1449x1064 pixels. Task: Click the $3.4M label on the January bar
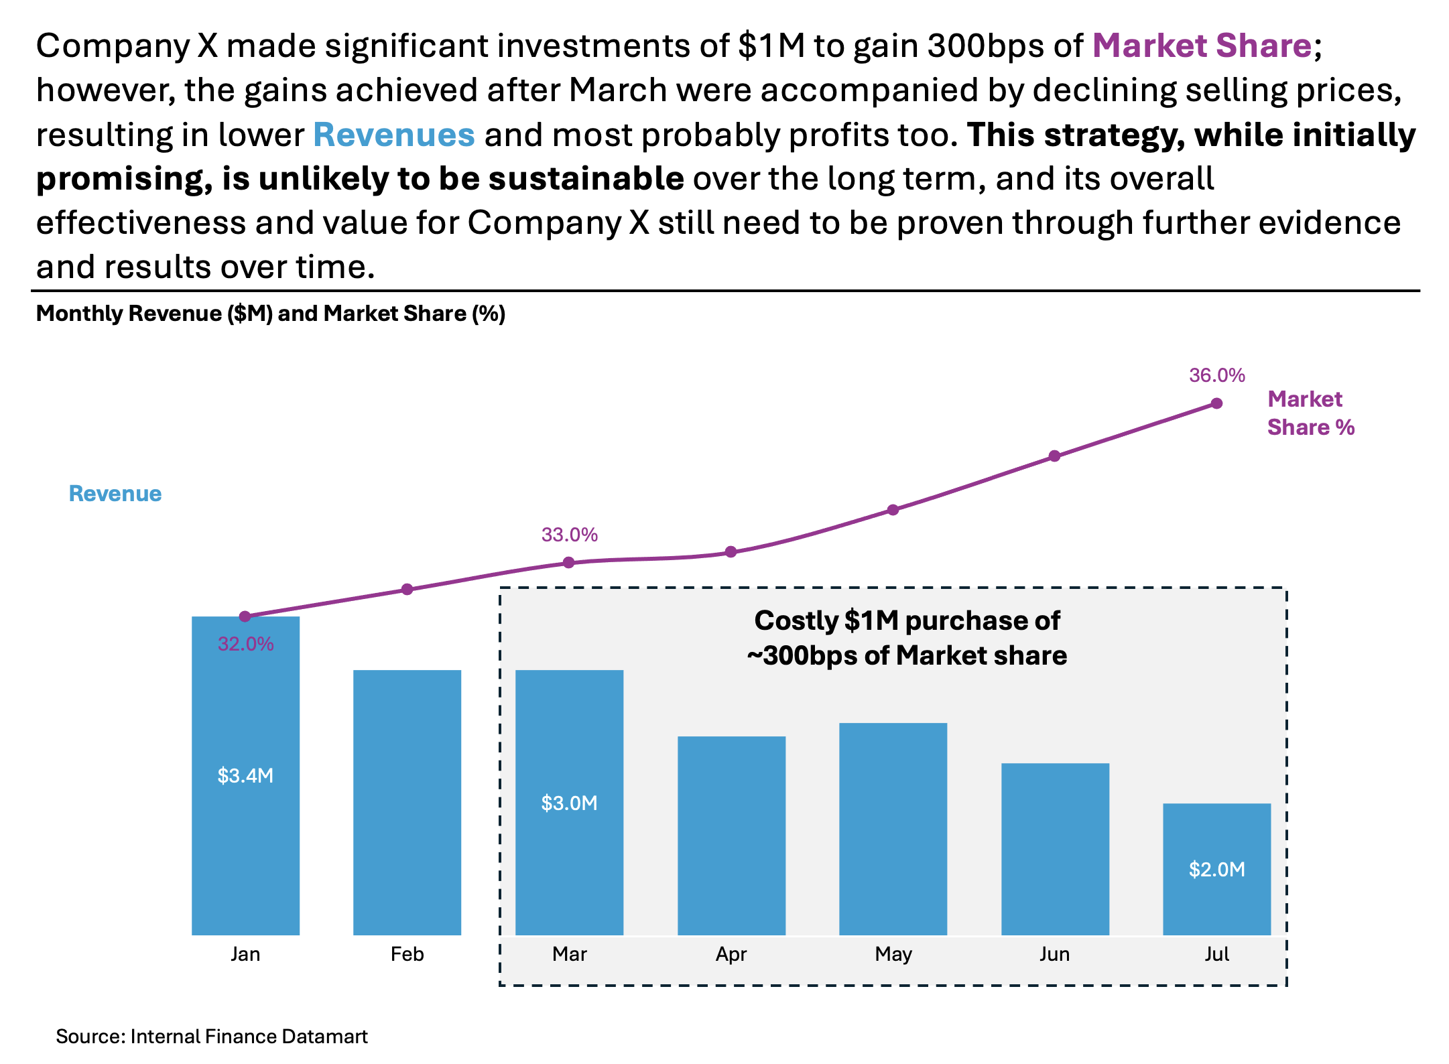click(245, 776)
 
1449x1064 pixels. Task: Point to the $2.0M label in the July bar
click(1216, 870)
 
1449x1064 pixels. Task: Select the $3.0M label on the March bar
click(569, 803)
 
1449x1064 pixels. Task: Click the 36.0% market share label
click(1216, 375)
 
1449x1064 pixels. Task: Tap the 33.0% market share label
click(569, 535)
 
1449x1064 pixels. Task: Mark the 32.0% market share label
click(245, 644)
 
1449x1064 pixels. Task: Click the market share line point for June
click(1054, 456)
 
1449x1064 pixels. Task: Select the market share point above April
click(731, 552)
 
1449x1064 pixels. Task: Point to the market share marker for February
click(407, 590)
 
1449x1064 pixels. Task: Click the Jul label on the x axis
click(1216, 954)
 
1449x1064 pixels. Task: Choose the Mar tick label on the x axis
click(569, 954)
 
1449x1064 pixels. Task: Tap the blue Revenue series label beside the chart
click(115, 494)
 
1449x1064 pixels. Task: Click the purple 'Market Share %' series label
click(1310, 413)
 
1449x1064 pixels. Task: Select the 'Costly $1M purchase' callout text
click(907, 638)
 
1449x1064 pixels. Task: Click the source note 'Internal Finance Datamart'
click(212, 1037)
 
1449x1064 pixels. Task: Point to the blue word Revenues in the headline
click(393, 135)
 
